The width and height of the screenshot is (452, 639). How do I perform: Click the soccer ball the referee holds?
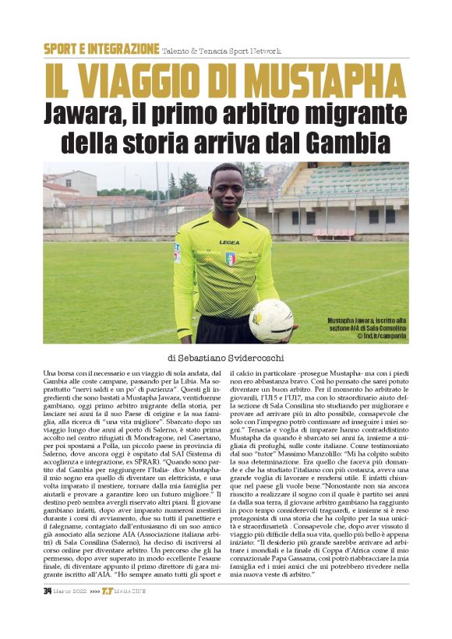pyautogui.click(x=272, y=320)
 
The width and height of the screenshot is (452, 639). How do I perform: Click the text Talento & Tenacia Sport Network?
pyautogui.click(x=221, y=50)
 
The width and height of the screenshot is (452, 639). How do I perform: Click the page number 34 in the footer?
pyautogui.click(x=48, y=591)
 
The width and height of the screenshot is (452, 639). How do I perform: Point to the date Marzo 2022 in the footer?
pyautogui.click(x=70, y=591)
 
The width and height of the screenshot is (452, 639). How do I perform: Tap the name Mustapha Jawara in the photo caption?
pyautogui.click(x=353, y=321)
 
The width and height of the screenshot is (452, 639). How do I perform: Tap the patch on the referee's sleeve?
pyautogui.click(x=178, y=252)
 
